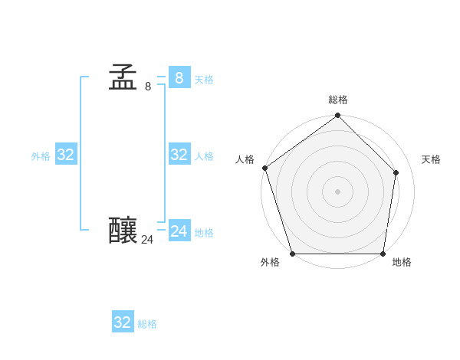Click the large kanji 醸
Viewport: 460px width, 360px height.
pyautogui.click(x=123, y=230)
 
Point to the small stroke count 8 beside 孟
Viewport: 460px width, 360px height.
pyautogui.click(x=148, y=87)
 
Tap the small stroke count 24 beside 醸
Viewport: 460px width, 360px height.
pyautogui.click(x=147, y=240)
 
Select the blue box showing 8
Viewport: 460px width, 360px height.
pyautogui.click(x=179, y=77)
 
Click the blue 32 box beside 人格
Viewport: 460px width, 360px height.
pyautogui.click(x=179, y=155)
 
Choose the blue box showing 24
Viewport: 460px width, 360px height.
pyautogui.click(x=179, y=231)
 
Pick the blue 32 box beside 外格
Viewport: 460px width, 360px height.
pyautogui.click(x=66, y=155)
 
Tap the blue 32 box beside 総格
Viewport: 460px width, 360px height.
pyautogui.click(x=123, y=322)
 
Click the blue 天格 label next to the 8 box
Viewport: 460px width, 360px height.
pyautogui.click(x=204, y=80)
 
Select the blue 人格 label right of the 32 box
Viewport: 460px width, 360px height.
pyautogui.click(x=204, y=156)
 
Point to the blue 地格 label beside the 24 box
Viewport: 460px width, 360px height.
pyautogui.click(x=204, y=233)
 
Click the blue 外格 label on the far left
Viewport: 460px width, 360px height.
pyautogui.click(x=41, y=156)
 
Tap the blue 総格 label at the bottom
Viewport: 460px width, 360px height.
pyautogui.click(x=147, y=324)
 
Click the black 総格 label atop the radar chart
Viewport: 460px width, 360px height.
pyautogui.click(x=338, y=100)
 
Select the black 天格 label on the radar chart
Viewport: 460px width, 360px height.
pyautogui.click(x=431, y=159)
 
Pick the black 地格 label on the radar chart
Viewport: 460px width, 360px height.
pyautogui.click(x=402, y=262)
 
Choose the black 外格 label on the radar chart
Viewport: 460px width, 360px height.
pyautogui.click(x=270, y=262)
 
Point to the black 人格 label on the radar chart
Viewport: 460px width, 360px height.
pyautogui.click(x=245, y=159)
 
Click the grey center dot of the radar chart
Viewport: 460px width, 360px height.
pyautogui.click(x=337, y=191)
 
